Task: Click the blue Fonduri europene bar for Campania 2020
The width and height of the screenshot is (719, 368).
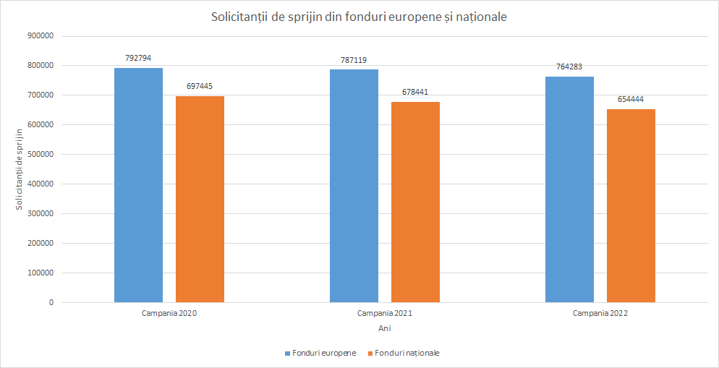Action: tap(138, 185)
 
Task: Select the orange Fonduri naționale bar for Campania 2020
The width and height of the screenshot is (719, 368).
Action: tap(200, 199)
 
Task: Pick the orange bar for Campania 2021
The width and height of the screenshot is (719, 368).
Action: tap(415, 202)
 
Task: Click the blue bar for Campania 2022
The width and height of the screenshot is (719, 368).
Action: tap(569, 189)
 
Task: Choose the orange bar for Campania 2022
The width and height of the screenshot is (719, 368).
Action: tap(631, 205)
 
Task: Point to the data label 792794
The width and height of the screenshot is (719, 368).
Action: tap(138, 58)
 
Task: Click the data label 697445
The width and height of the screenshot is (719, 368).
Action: tap(200, 86)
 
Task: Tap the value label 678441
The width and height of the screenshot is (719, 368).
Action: tap(415, 92)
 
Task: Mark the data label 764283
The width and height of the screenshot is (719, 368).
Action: tap(569, 67)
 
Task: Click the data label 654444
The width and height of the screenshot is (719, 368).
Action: tap(631, 99)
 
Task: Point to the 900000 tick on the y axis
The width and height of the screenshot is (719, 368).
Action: tap(41, 36)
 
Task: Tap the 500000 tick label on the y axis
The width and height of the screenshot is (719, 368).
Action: tap(41, 155)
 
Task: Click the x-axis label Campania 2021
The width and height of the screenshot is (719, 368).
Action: tap(385, 314)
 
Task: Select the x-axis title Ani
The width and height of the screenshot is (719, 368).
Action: tap(385, 328)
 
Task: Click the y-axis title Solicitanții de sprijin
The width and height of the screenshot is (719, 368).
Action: tap(19, 169)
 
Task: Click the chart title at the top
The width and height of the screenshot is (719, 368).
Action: tap(359, 17)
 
